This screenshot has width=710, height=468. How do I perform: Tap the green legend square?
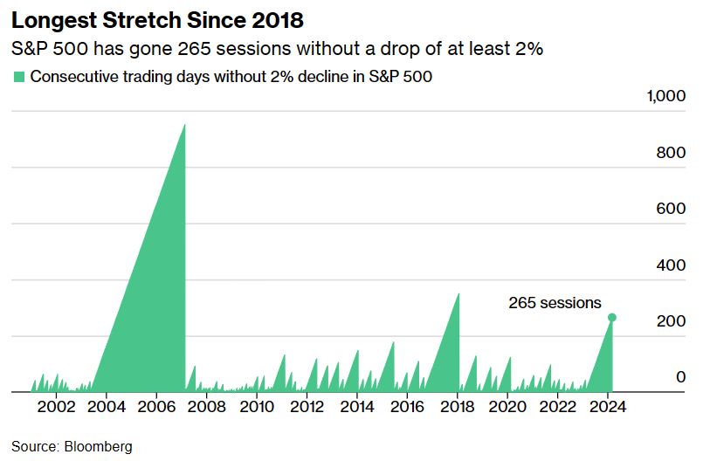click(x=18, y=77)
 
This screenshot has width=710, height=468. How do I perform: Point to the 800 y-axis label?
click(x=672, y=153)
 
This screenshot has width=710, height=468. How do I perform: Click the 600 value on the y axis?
click(x=672, y=210)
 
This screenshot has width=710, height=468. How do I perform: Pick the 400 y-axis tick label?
click(x=672, y=265)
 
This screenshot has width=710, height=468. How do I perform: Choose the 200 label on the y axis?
click(x=672, y=322)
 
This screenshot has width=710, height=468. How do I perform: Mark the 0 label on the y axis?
click(x=680, y=377)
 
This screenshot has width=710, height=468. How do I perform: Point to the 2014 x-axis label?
click(x=357, y=407)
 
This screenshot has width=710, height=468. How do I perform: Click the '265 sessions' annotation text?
click(x=555, y=303)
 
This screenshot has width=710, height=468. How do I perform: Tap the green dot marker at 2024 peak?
click(x=612, y=317)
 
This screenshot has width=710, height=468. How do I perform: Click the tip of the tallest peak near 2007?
click(x=184, y=124)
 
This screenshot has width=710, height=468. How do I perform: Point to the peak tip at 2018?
click(x=458, y=293)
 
